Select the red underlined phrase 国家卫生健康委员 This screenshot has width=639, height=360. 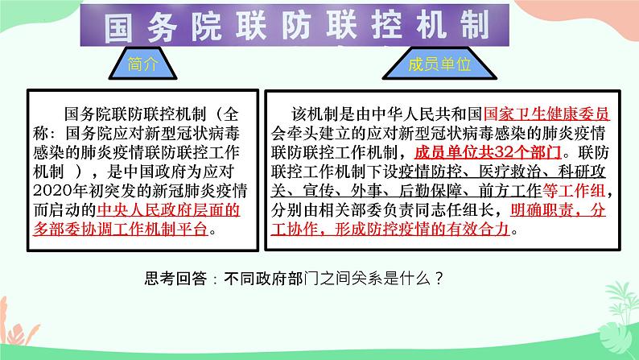pos(547,112)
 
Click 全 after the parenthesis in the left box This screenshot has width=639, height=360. pos(230,112)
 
